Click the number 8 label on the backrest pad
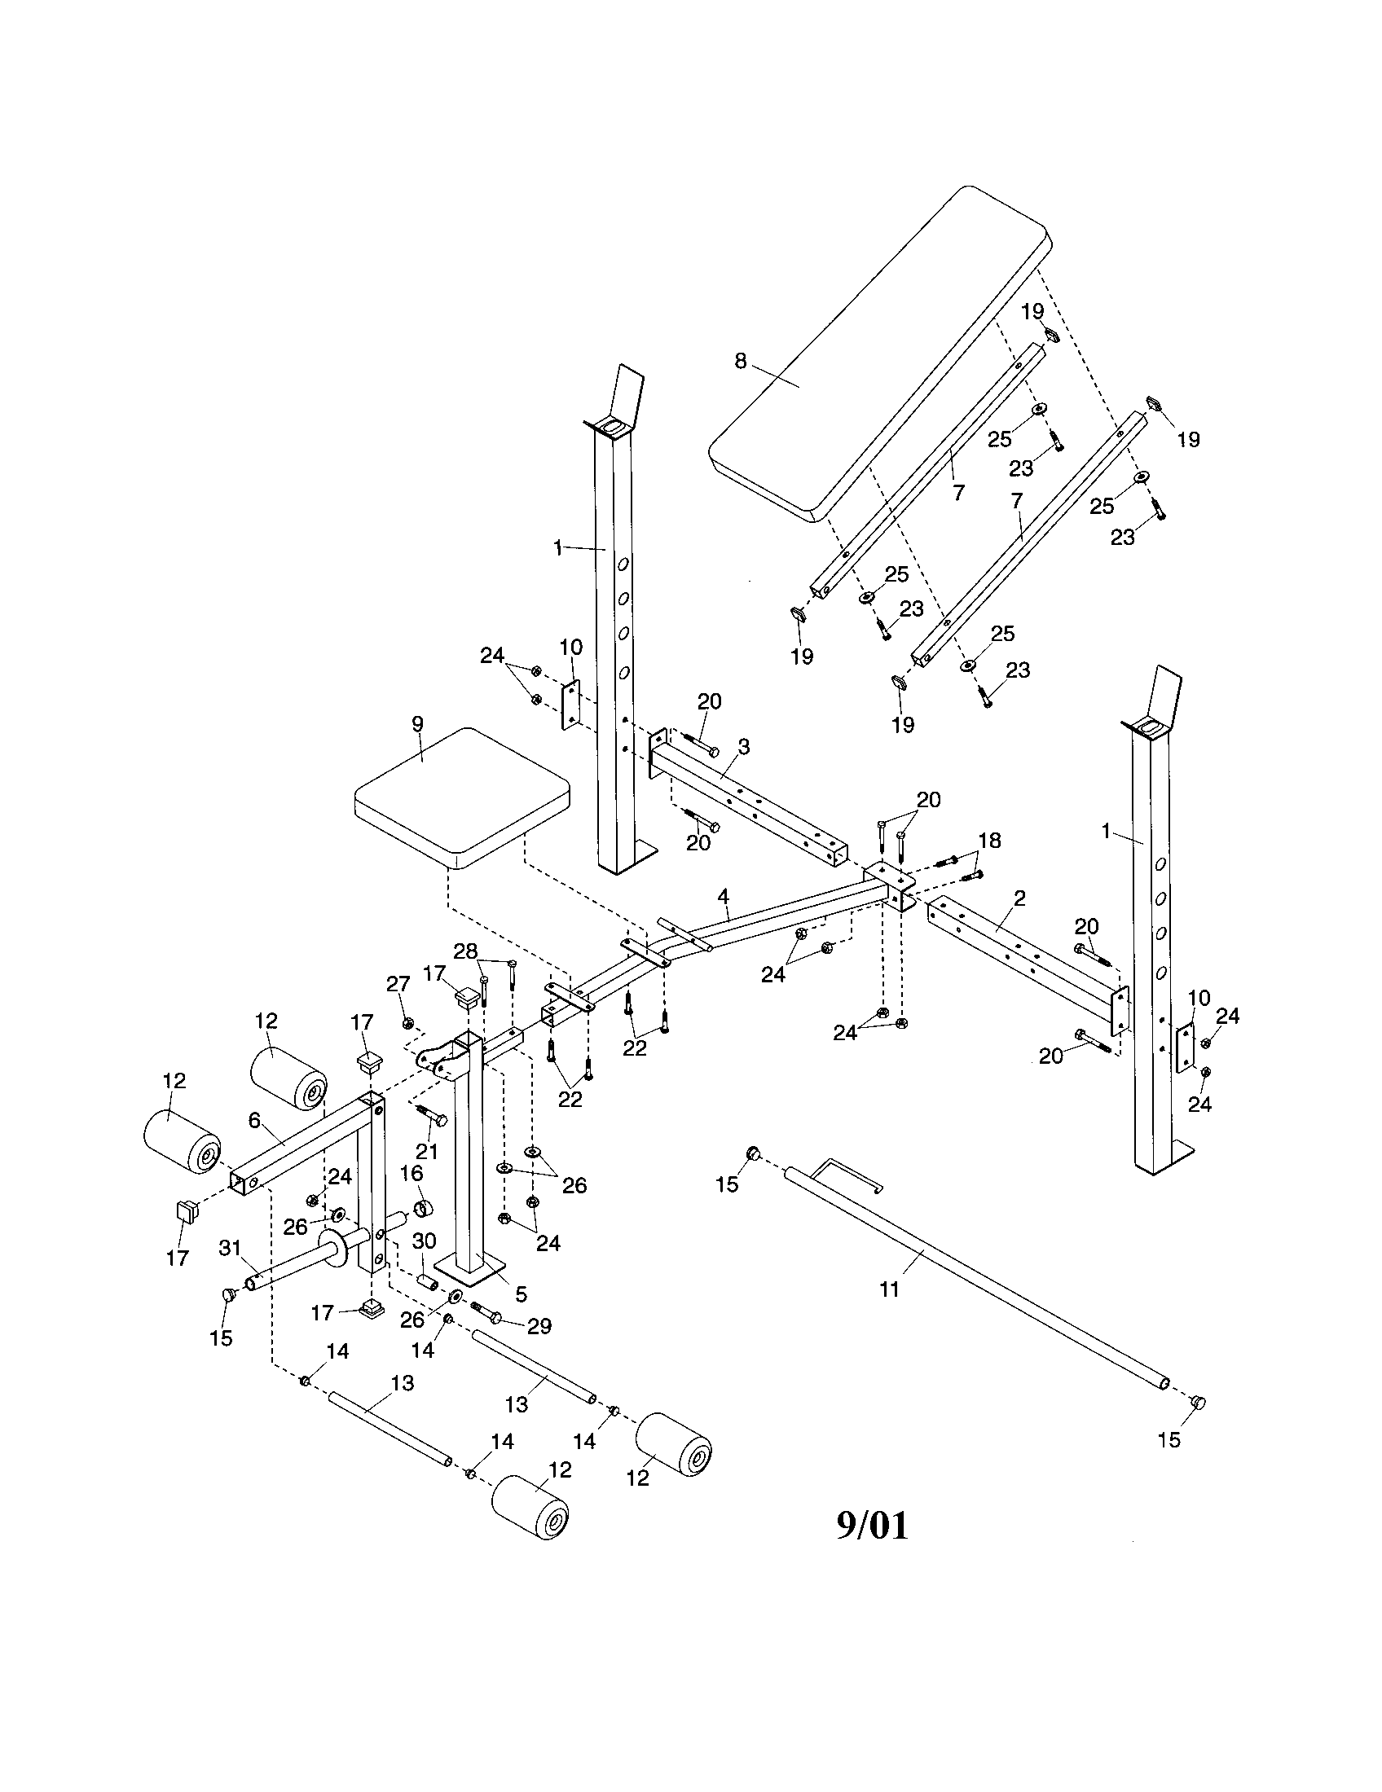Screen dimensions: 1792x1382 point(740,361)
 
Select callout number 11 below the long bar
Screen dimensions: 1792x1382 point(890,1289)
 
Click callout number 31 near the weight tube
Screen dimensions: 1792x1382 point(230,1248)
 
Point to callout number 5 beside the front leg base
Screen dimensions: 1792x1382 point(521,1295)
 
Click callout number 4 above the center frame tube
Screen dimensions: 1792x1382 point(723,896)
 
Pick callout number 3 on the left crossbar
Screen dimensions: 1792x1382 point(743,747)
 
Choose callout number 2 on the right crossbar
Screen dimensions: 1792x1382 point(1019,898)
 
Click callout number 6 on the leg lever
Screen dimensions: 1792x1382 point(253,1119)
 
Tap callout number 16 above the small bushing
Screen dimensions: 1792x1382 point(412,1174)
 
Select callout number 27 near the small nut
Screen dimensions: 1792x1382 point(398,983)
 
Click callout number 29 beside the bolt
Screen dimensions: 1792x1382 point(539,1326)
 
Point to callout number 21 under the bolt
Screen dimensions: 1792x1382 point(427,1151)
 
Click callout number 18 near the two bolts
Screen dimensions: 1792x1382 point(989,841)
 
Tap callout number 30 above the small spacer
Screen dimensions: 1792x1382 point(424,1241)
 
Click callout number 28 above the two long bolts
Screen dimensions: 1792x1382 point(465,950)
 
